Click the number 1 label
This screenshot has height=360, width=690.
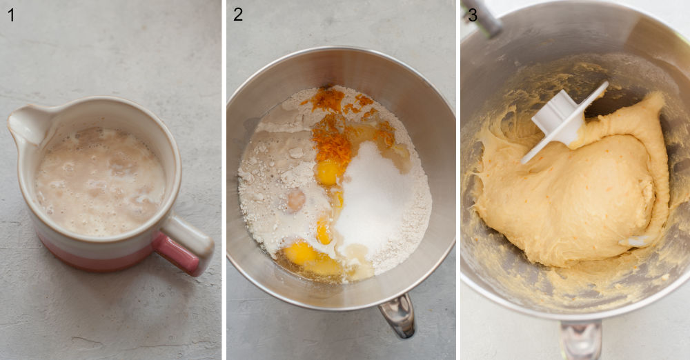[10, 14]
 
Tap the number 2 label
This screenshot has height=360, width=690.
[237, 14]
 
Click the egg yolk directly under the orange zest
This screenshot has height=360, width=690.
[327, 172]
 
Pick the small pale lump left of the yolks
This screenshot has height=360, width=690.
[296, 200]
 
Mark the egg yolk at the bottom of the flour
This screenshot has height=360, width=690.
[301, 253]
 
